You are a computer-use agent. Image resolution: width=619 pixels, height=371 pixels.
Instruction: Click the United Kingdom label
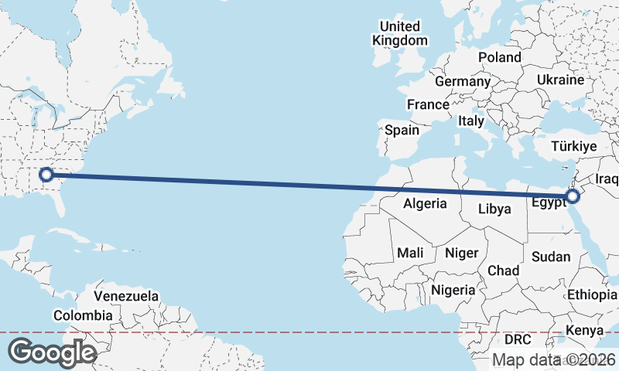pyautogui.click(x=399, y=33)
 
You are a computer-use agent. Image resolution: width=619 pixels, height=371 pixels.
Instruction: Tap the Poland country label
pyautogui.click(x=499, y=57)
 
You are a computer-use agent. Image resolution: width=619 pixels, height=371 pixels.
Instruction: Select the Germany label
pyautogui.click(x=463, y=81)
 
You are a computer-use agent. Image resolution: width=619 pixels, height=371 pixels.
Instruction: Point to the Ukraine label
pyautogui.click(x=560, y=80)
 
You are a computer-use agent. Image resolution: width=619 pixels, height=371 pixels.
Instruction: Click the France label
pyautogui.click(x=428, y=104)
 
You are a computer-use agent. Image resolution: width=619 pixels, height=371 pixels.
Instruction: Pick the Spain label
pyautogui.click(x=402, y=130)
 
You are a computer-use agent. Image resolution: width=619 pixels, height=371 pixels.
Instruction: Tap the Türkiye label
pyautogui.click(x=574, y=146)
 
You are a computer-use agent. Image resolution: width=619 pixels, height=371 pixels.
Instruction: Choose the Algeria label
pyautogui.click(x=425, y=204)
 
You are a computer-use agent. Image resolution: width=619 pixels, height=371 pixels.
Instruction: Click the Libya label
pyautogui.click(x=494, y=209)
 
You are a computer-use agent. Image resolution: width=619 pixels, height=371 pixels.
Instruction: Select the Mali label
pyautogui.click(x=410, y=253)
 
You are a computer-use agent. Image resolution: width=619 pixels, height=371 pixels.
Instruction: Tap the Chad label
pyautogui.click(x=503, y=271)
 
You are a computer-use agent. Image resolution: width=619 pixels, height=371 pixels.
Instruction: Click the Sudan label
pyautogui.click(x=552, y=257)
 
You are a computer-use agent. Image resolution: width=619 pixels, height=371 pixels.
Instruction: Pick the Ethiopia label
pyautogui.click(x=593, y=295)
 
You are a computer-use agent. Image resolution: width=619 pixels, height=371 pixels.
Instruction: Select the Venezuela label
pyautogui.click(x=126, y=296)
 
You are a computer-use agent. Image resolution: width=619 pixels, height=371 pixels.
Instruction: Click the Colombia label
pyautogui.click(x=83, y=315)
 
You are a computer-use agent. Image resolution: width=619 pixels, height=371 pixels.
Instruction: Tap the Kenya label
pyautogui.click(x=584, y=331)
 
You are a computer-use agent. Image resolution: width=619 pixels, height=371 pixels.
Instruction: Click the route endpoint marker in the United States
pyautogui.click(x=46, y=175)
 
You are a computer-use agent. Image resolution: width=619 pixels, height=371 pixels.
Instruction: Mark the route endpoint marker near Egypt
pyautogui.click(x=573, y=196)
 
